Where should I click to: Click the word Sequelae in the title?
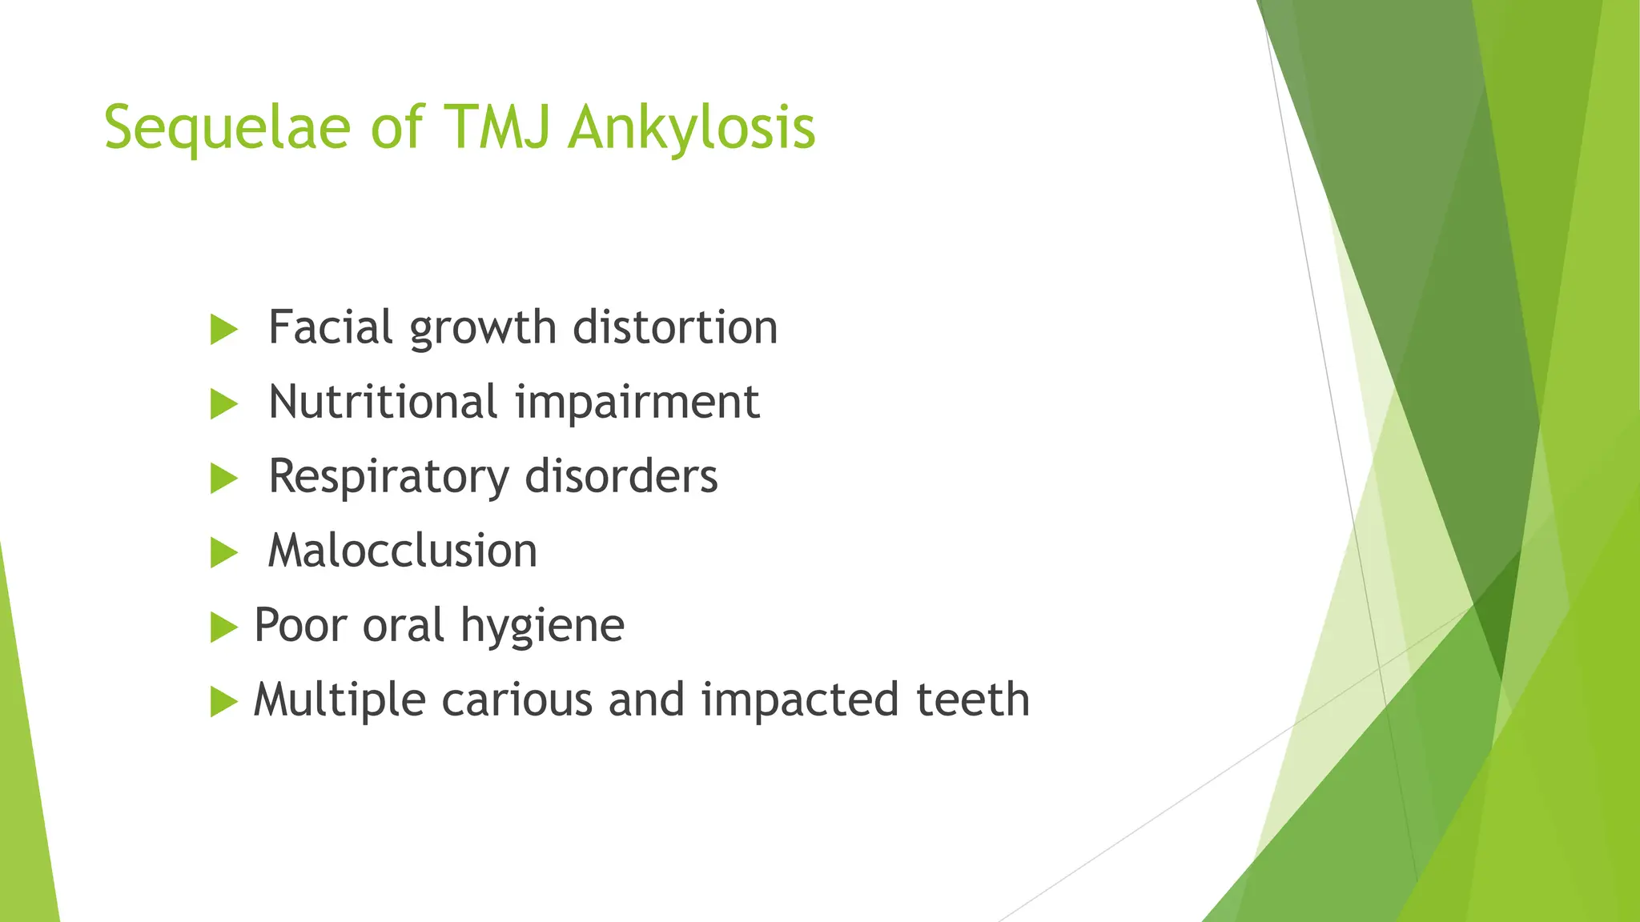[x=227, y=128]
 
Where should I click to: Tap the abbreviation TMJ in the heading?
[x=496, y=128]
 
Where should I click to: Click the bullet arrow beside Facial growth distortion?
[x=223, y=330]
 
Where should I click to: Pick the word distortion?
[x=675, y=327]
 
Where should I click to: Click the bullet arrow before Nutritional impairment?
[x=223, y=404]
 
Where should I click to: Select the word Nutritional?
[x=383, y=402]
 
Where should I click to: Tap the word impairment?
[x=637, y=402]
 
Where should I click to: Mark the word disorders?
[x=621, y=476]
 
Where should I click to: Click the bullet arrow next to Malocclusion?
[x=223, y=553]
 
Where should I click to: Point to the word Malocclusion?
[x=402, y=551]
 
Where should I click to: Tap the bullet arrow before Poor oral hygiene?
[x=223, y=627]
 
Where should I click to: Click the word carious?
[x=517, y=700]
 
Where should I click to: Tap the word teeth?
[x=972, y=700]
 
